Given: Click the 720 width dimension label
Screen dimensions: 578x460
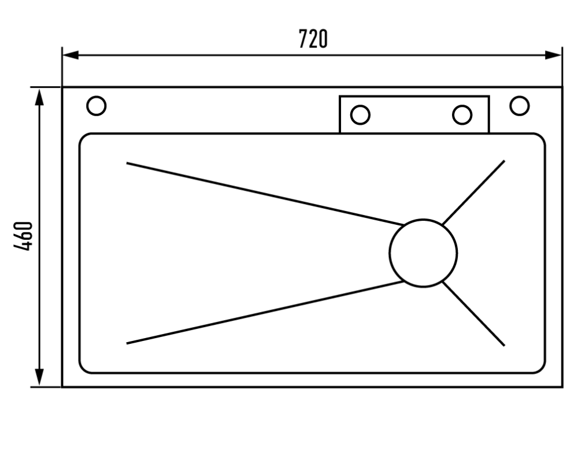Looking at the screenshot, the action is (313, 39).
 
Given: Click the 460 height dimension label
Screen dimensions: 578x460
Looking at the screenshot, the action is (23, 236).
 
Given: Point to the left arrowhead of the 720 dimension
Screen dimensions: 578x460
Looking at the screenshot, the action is (71, 55).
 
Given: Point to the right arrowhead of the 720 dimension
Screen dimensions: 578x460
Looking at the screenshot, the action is (553, 55).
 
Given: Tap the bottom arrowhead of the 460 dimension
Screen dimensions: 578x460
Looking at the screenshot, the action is (39, 377).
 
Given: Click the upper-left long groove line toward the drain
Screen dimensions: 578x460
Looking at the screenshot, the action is (265, 194).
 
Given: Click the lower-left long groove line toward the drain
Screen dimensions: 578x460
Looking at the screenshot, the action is (265, 313).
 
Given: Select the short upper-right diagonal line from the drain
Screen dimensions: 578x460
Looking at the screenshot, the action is (474, 192).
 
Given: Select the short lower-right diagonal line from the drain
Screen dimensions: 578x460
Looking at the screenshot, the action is (474, 314).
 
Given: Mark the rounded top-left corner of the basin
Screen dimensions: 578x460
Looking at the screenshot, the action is (83, 137).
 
